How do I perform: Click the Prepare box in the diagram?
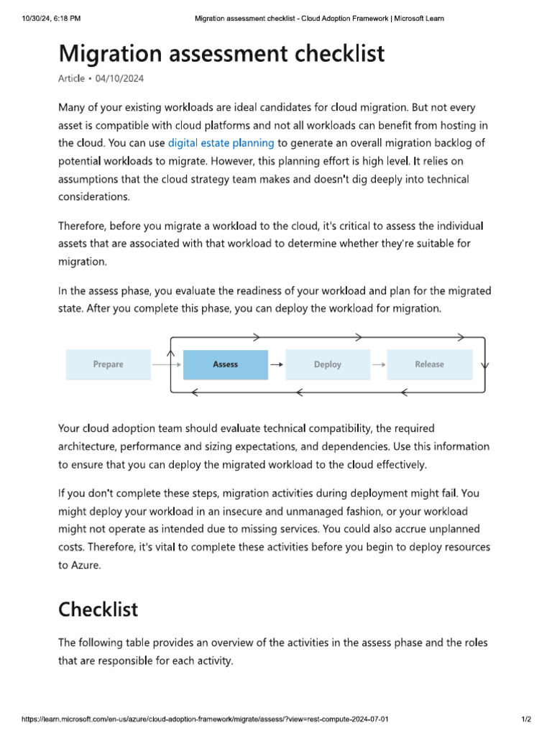coord(108,364)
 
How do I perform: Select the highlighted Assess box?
coord(225,364)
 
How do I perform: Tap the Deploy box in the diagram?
coord(328,364)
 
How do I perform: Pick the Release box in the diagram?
coord(429,364)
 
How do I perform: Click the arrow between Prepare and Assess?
coord(167,365)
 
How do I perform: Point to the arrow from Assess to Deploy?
coord(276,365)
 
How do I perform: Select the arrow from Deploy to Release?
coord(379,365)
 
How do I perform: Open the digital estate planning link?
coord(221,142)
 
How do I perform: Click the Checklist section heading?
coord(98,609)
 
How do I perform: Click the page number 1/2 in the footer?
coord(525,719)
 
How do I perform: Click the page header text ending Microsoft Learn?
coord(319,18)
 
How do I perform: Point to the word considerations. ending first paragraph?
coord(93,195)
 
